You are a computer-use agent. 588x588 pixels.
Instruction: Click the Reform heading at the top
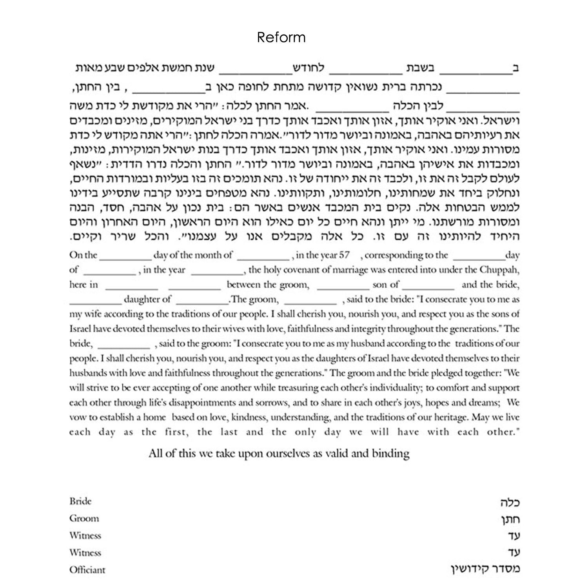coord(281,38)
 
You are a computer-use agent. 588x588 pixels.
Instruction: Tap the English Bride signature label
coord(80,501)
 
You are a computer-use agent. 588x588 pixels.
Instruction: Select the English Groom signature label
coord(84,519)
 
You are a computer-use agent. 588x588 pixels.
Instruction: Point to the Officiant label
coord(87,570)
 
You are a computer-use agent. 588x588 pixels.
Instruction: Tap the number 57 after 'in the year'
coord(344,255)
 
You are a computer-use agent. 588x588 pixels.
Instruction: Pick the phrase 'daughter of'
coord(147,299)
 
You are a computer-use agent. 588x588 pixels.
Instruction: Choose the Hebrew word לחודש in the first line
coord(310,68)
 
